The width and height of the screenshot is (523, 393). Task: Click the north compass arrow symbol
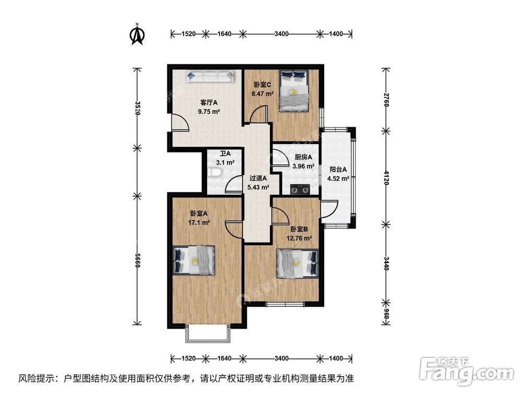tap(137, 34)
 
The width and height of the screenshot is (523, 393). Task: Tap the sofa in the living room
tap(210, 78)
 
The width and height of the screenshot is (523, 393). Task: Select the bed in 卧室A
tap(194, 260)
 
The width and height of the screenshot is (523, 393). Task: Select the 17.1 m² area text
tap(200, 223)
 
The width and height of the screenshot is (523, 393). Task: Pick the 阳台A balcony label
tap(338, 169)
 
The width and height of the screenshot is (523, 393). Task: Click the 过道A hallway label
tap(258, 178)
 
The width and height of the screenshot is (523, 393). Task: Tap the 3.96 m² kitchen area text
tap(303, 167)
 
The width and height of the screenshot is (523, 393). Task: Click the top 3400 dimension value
tap(281, 34)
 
